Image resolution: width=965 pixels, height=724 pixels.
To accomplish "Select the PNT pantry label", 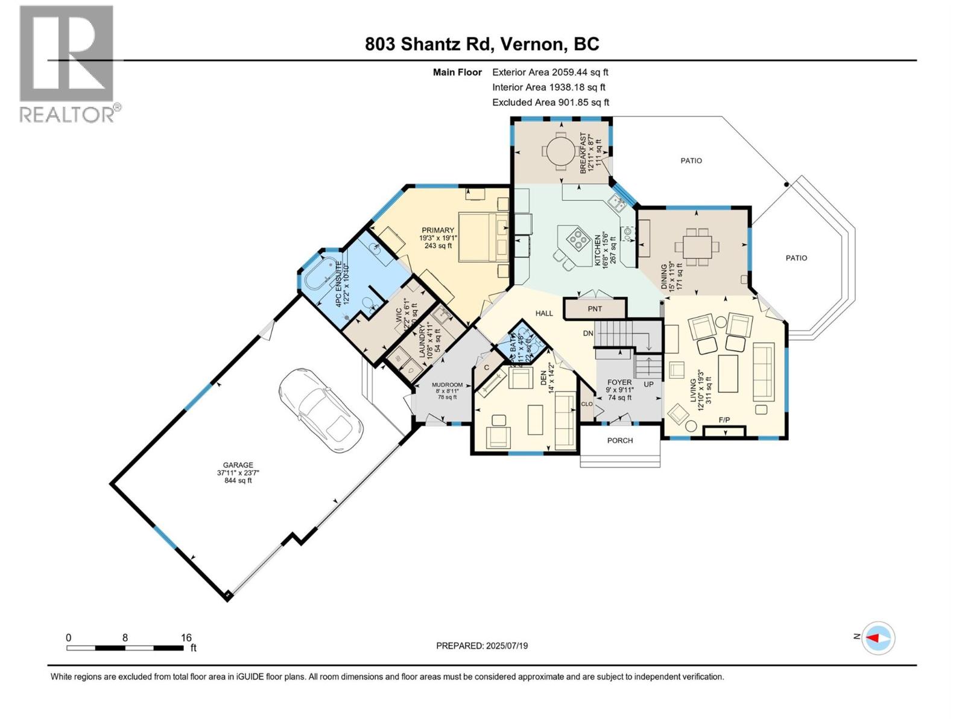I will (595, 309).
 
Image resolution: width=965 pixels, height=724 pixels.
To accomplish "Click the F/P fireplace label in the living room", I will (724, 420).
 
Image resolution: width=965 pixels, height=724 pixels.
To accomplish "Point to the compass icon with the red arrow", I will (878, 638).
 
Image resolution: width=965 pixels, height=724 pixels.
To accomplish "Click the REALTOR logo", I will (68, 63).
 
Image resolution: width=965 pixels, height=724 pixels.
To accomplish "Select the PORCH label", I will (620, 440).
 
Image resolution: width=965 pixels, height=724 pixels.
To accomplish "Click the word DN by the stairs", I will (588, 334).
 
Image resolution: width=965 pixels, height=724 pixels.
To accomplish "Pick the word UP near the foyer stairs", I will (648, 384).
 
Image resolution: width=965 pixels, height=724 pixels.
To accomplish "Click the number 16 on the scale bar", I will (186, 637).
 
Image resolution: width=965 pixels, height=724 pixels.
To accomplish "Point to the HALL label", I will (544, 313).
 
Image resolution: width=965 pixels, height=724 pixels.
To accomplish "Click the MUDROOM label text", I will (447, 385).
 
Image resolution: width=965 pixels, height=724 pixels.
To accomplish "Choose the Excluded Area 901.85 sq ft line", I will (550, 103).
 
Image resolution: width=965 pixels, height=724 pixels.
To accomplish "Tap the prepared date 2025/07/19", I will (482, 646).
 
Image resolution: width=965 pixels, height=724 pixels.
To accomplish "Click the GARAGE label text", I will (238, 465).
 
